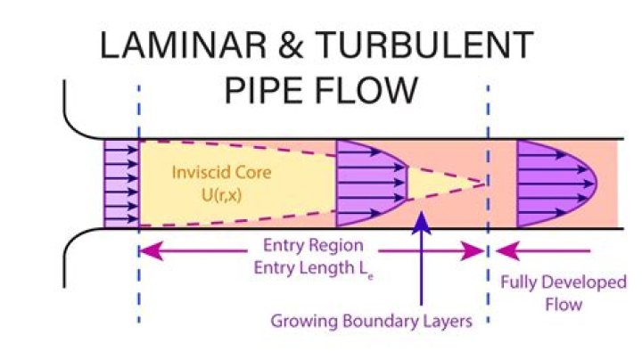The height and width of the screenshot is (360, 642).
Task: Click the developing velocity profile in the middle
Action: [366, 183]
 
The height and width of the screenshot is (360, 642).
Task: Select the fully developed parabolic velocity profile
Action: [553, 183]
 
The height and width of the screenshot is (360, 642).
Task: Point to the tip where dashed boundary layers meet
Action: [487, 183]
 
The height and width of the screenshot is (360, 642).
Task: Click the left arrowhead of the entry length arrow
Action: [148, 253]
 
